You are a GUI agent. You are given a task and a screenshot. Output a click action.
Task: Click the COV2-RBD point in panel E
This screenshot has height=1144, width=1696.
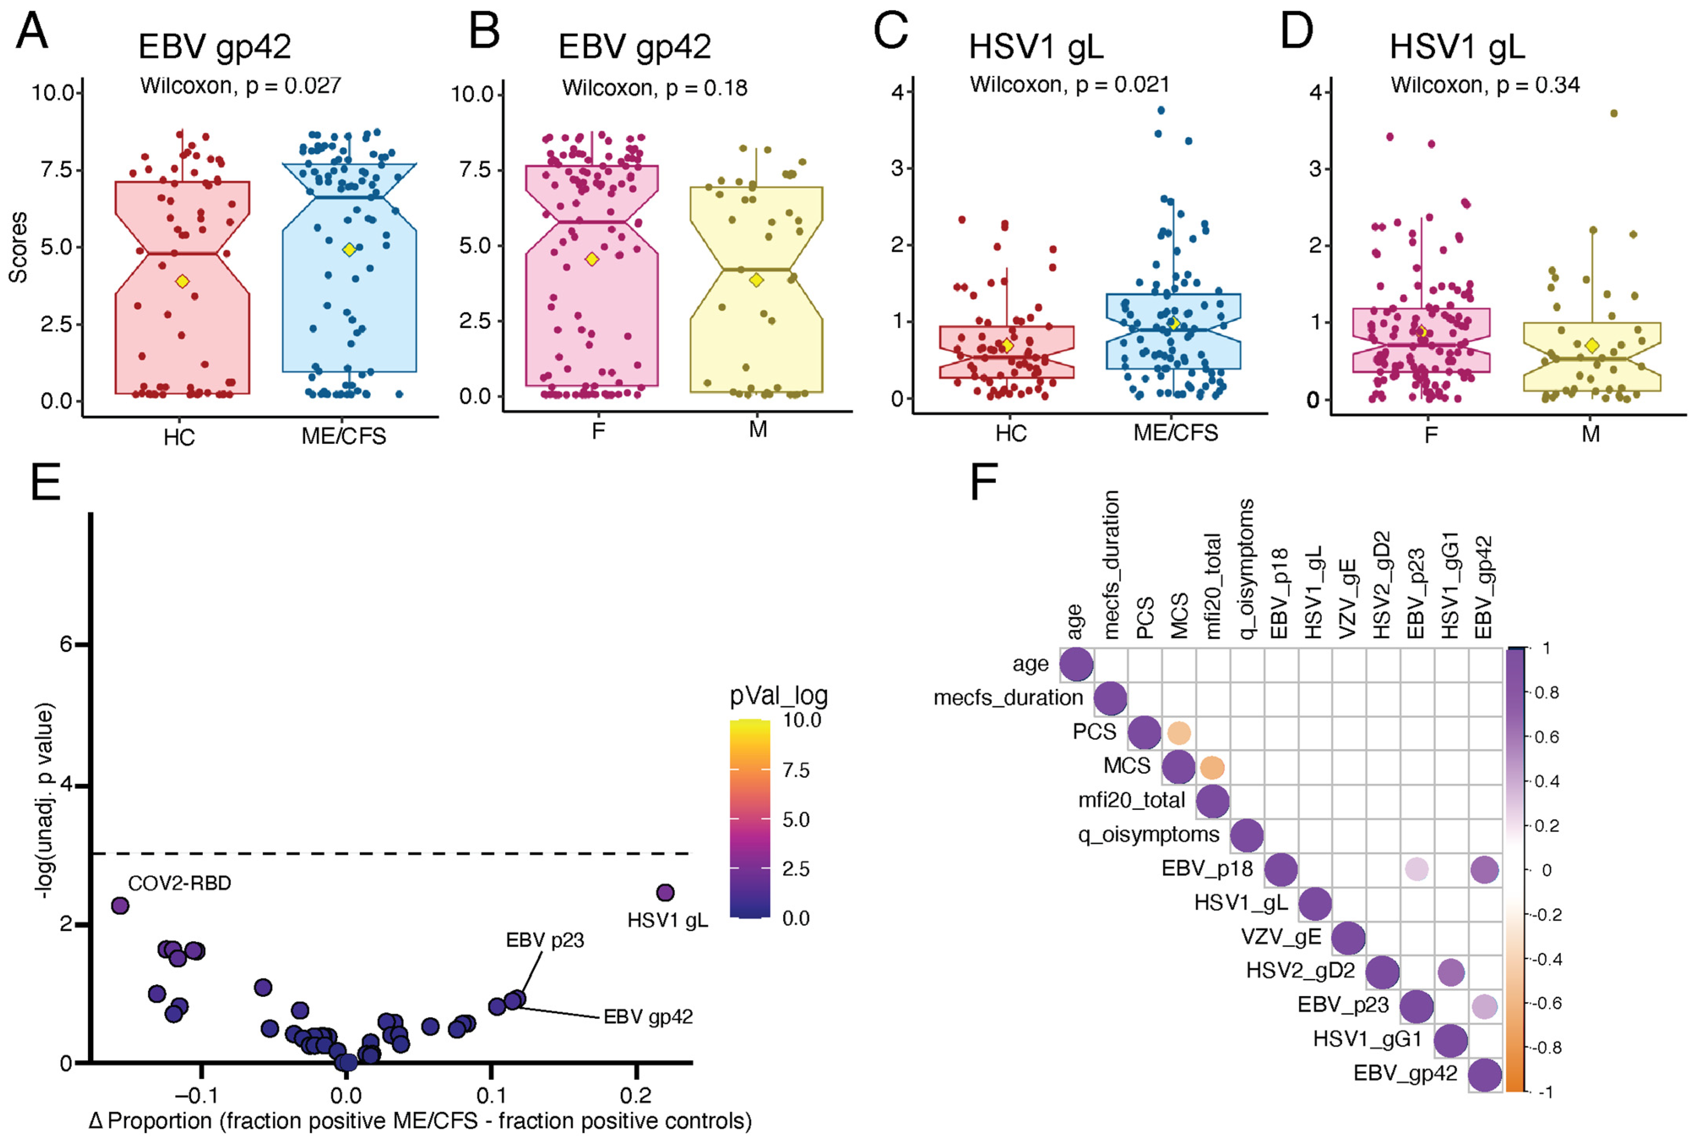[x=120, y=905]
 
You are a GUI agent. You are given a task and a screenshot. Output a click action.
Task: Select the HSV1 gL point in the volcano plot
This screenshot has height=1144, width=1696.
[x=665, y=892]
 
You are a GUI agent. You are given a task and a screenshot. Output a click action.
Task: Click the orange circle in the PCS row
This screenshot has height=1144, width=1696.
[x=1178, y=732]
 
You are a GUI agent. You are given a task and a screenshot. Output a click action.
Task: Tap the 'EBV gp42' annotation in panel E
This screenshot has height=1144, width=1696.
[x=648, y=1016]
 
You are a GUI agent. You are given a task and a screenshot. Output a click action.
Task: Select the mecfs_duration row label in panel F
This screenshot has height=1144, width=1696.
[x=1008, y=698]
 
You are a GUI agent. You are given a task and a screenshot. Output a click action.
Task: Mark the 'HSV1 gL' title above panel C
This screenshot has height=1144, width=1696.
[x=1035, y=47]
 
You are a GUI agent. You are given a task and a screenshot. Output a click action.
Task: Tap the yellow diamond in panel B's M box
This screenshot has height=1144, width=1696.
[x=756, y=280]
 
